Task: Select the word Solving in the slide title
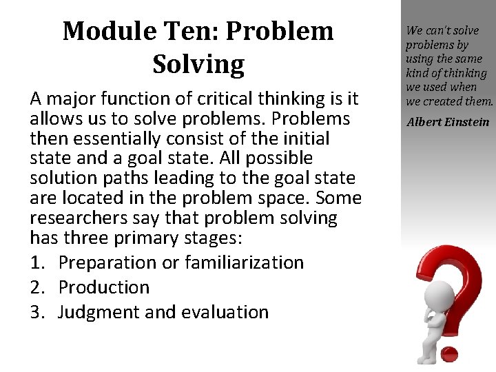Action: tap(198, 64)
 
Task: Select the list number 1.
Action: tap(38, 262)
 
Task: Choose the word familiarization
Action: tap(249, 262)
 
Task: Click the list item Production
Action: tap(104, 287)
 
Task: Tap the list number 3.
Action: tap(38, 312)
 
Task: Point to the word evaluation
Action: tap(225, 312)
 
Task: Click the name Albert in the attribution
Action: tap(424, 123)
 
